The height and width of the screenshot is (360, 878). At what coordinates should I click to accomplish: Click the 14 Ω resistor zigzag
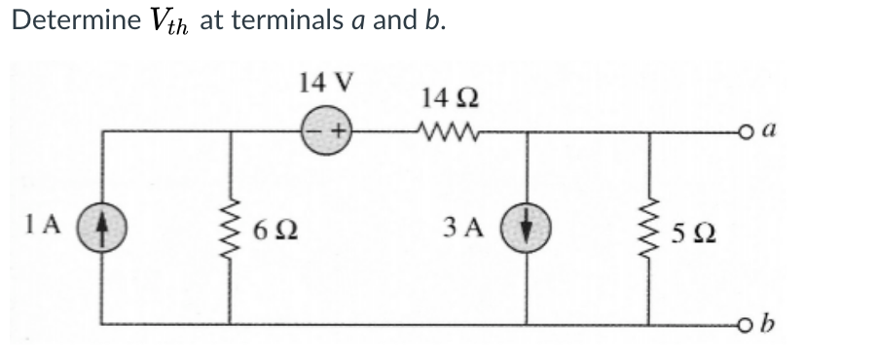(x=447, y=130)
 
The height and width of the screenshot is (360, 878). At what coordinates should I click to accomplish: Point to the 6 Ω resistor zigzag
(x=232, y=233)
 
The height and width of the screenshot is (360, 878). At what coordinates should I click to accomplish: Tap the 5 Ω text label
(x=692, y=234)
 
